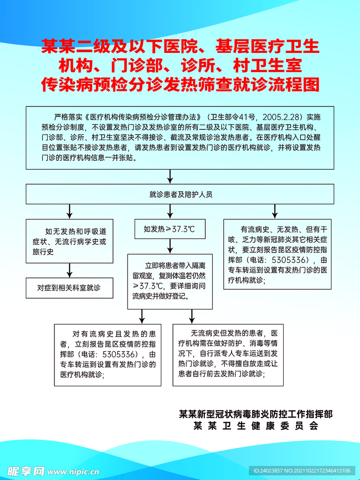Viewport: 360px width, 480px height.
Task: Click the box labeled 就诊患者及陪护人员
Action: click(x=180, y=194)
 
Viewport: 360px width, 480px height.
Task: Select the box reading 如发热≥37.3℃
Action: click(x=169, y=229)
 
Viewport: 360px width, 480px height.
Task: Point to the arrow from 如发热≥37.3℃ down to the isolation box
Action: click(x=169, y=247)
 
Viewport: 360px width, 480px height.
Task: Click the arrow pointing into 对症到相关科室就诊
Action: click(x=69, y=270)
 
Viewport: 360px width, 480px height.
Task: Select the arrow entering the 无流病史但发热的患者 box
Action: click(x=191, y=316)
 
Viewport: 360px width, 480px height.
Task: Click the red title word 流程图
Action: click(x=296, y=84)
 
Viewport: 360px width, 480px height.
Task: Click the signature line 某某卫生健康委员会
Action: click(x=256, y=426)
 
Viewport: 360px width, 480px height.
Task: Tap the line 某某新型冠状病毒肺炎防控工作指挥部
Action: click(x=256, y=414)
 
